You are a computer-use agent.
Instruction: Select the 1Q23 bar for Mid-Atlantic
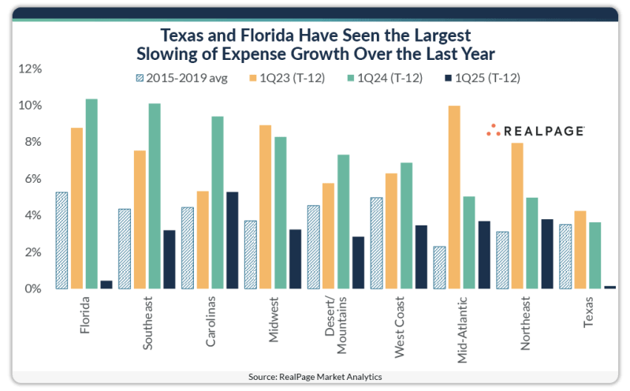pyautogui.click(x=455, y=197)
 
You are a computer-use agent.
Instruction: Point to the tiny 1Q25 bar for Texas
pyautogui.click(x=609, y=287)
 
